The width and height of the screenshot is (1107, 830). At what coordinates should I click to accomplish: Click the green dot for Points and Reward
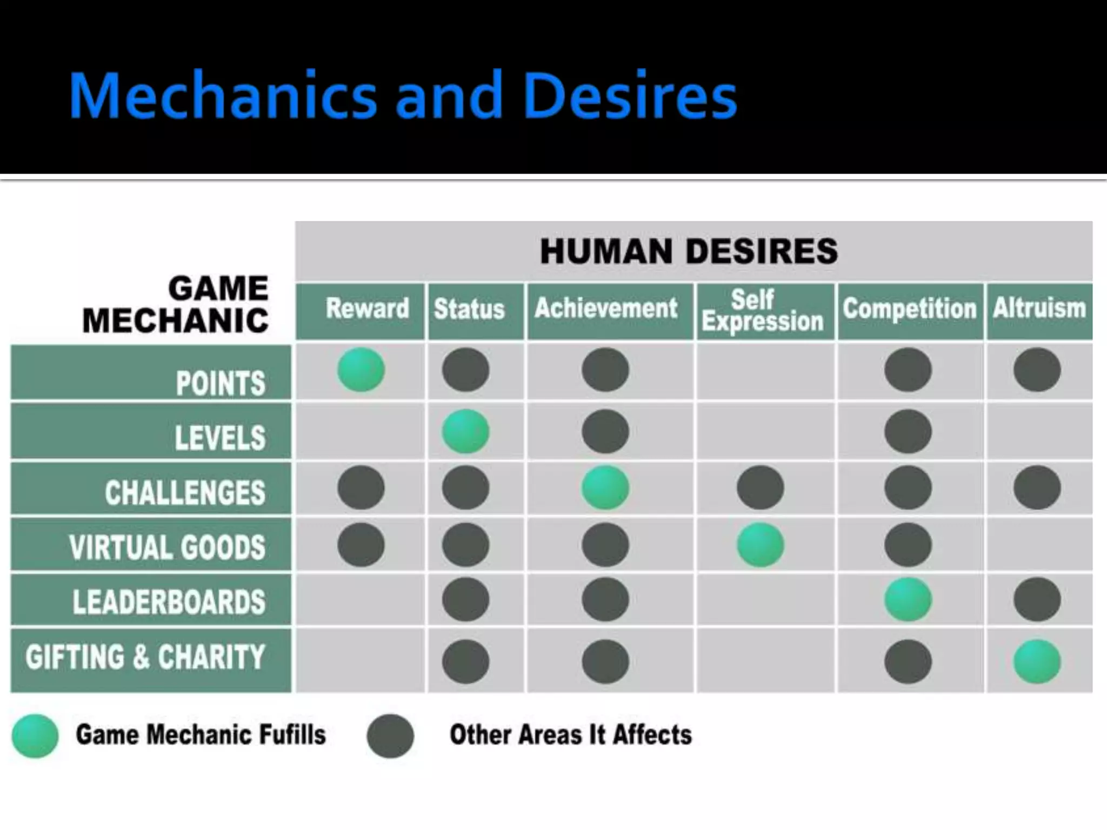(361, 370)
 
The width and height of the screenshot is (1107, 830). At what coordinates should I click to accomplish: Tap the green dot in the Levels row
(465, 431)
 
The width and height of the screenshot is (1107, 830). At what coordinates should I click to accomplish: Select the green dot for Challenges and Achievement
(605, 487)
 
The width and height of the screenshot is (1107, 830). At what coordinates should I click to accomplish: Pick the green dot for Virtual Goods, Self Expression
(760, 545)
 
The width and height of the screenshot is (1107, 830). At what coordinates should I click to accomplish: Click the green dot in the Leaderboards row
(908, 600)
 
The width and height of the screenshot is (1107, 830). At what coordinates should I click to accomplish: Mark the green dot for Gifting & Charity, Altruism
(1037, 661)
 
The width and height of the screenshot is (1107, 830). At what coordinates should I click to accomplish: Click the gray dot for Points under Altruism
(1037, 370)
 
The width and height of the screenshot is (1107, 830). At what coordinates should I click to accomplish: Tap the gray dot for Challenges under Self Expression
(760, 487)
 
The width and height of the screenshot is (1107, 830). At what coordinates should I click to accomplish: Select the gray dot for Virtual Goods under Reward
(361, 545)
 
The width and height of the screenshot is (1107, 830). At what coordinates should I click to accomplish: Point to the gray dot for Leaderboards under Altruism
(1037, 600)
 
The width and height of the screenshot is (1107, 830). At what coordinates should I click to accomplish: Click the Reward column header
(367, 309)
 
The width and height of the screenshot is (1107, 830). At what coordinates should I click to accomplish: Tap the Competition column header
(910, 309)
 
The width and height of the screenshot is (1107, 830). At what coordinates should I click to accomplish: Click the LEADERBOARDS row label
(169, 601)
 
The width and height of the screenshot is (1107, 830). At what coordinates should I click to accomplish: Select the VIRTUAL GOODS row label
(167, 546)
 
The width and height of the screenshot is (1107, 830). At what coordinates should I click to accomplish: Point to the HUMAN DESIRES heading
(689, 251)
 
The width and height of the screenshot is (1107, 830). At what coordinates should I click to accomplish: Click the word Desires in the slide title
(630, 96)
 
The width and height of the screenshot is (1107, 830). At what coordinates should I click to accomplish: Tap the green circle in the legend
(35, 735)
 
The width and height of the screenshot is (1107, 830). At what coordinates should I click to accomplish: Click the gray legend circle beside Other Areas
(390, 735)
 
